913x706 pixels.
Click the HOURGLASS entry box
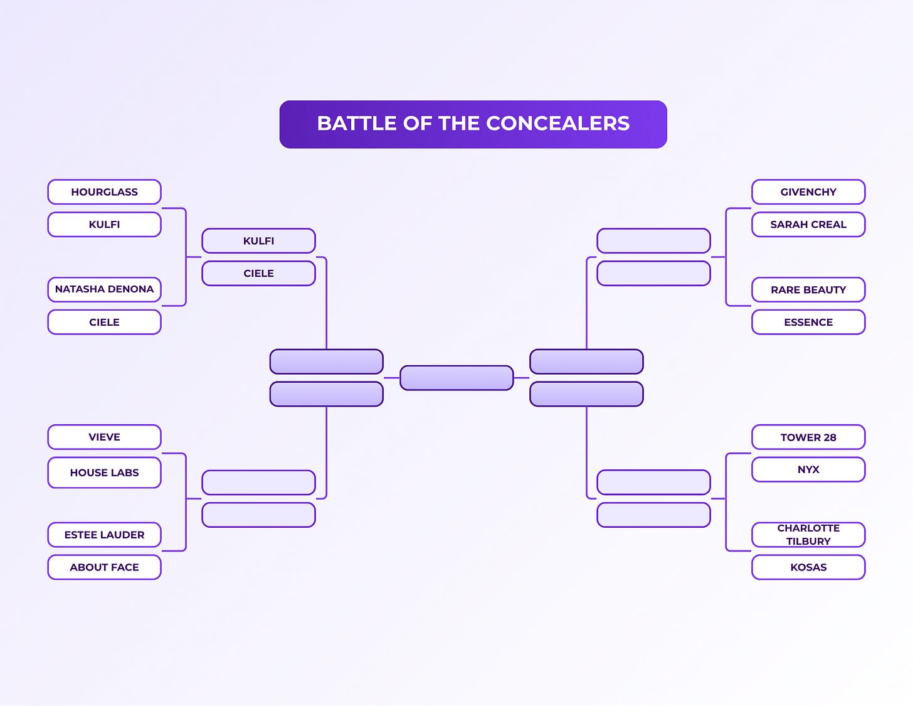(104, 192)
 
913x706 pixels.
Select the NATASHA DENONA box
(104, 289)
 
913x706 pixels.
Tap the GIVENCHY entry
(808, 192)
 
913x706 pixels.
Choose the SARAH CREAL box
(808, 225)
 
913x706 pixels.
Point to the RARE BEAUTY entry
(808, 289)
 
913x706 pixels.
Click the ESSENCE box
(808, 322)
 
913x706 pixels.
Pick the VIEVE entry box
(104, 437)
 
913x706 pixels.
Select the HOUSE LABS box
(104, 473)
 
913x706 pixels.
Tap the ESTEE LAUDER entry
(104, 535)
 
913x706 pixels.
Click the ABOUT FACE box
(104, 567)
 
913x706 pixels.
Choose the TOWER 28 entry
(808, 437)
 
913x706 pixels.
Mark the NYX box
(808, 469)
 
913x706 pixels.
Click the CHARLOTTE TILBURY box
(808, 535)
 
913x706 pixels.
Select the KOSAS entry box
(808, 567)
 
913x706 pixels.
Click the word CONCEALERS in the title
(557, 124)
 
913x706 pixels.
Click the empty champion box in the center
(456, 378)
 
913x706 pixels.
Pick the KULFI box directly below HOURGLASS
(104, 225)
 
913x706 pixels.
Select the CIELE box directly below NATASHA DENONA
(104, 322)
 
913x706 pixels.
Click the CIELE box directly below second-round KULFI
(258, 274)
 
